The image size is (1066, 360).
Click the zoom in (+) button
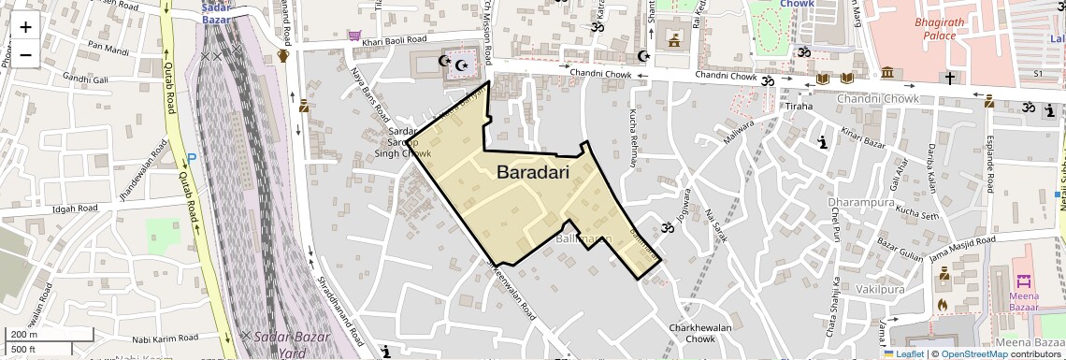tap(25, 26)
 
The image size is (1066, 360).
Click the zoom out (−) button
tap(25, 54)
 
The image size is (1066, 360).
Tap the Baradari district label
tap(533, 173)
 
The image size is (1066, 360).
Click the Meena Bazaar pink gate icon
tap(1024, 281)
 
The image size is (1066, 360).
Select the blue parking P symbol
tap(192, 158)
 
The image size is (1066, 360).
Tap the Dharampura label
tap(861, 202)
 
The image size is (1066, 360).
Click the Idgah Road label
tap(76, 209)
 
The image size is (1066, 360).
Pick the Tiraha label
tap(799, 107)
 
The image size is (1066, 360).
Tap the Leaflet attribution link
tap(905, 353)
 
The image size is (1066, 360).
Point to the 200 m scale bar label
tap(24, 335)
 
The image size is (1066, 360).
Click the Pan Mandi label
tap(108, 44)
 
